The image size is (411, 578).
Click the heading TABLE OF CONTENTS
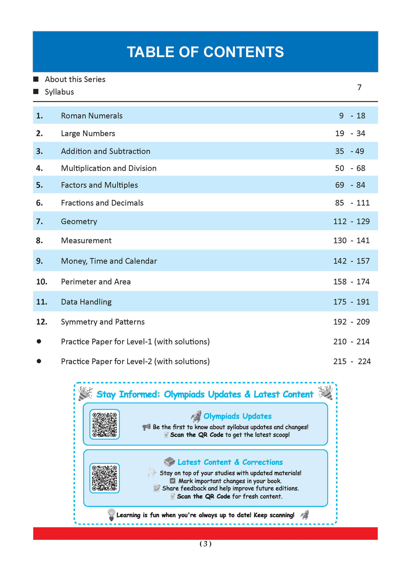[x=205, y=52]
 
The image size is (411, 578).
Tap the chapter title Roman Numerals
[x=92, y=116]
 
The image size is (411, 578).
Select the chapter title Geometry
[x=79, y=222]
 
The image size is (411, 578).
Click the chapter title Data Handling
[x=86, y=302]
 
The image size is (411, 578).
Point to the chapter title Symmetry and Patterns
[x=102, y=322]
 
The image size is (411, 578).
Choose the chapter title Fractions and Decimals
[x=102, y=203]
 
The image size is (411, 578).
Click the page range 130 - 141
[x=351, y=240]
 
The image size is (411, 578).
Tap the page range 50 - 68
[x=350, y=168]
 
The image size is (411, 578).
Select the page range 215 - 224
[x=352, y=362]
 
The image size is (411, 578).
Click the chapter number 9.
[x=39, y=261]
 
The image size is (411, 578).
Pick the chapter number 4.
[x=39, y=168]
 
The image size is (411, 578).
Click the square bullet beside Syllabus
[x=36, y=92]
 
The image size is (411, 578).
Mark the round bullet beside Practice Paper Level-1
[x=39, y=341]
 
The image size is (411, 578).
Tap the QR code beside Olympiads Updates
[x=104, y=424]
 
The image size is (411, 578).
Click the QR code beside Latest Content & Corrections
[x=104, y=478]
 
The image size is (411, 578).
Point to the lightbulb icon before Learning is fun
[x=111, y=515]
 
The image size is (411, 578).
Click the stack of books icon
[x=169, y=462]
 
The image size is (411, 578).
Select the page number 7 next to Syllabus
[x=359, y=88]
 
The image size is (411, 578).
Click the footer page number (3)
[x=205, y=544]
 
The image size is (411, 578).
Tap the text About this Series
[x=75, y=79]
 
